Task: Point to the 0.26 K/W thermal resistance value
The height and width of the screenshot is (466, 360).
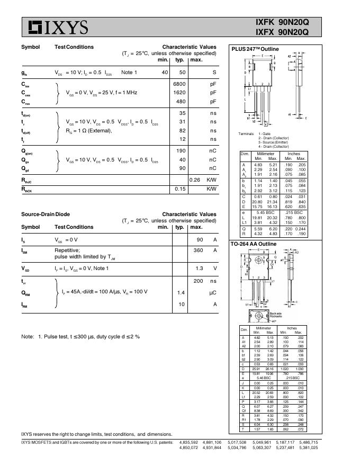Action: point(195,180)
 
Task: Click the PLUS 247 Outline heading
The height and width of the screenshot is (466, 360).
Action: point(255,49)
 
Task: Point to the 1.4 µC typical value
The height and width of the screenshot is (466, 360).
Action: point(181,292)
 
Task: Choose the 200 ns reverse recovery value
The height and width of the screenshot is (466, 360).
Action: point(198,281)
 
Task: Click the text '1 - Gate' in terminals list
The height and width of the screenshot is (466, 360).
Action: point(265,134)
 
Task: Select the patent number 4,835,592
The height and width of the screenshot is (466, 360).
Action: point(189,442)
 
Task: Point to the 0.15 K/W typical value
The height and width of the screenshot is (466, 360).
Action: point(180,189)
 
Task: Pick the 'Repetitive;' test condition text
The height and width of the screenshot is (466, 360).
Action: point(67,250)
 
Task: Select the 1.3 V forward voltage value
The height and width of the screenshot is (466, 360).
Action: point(200,268)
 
